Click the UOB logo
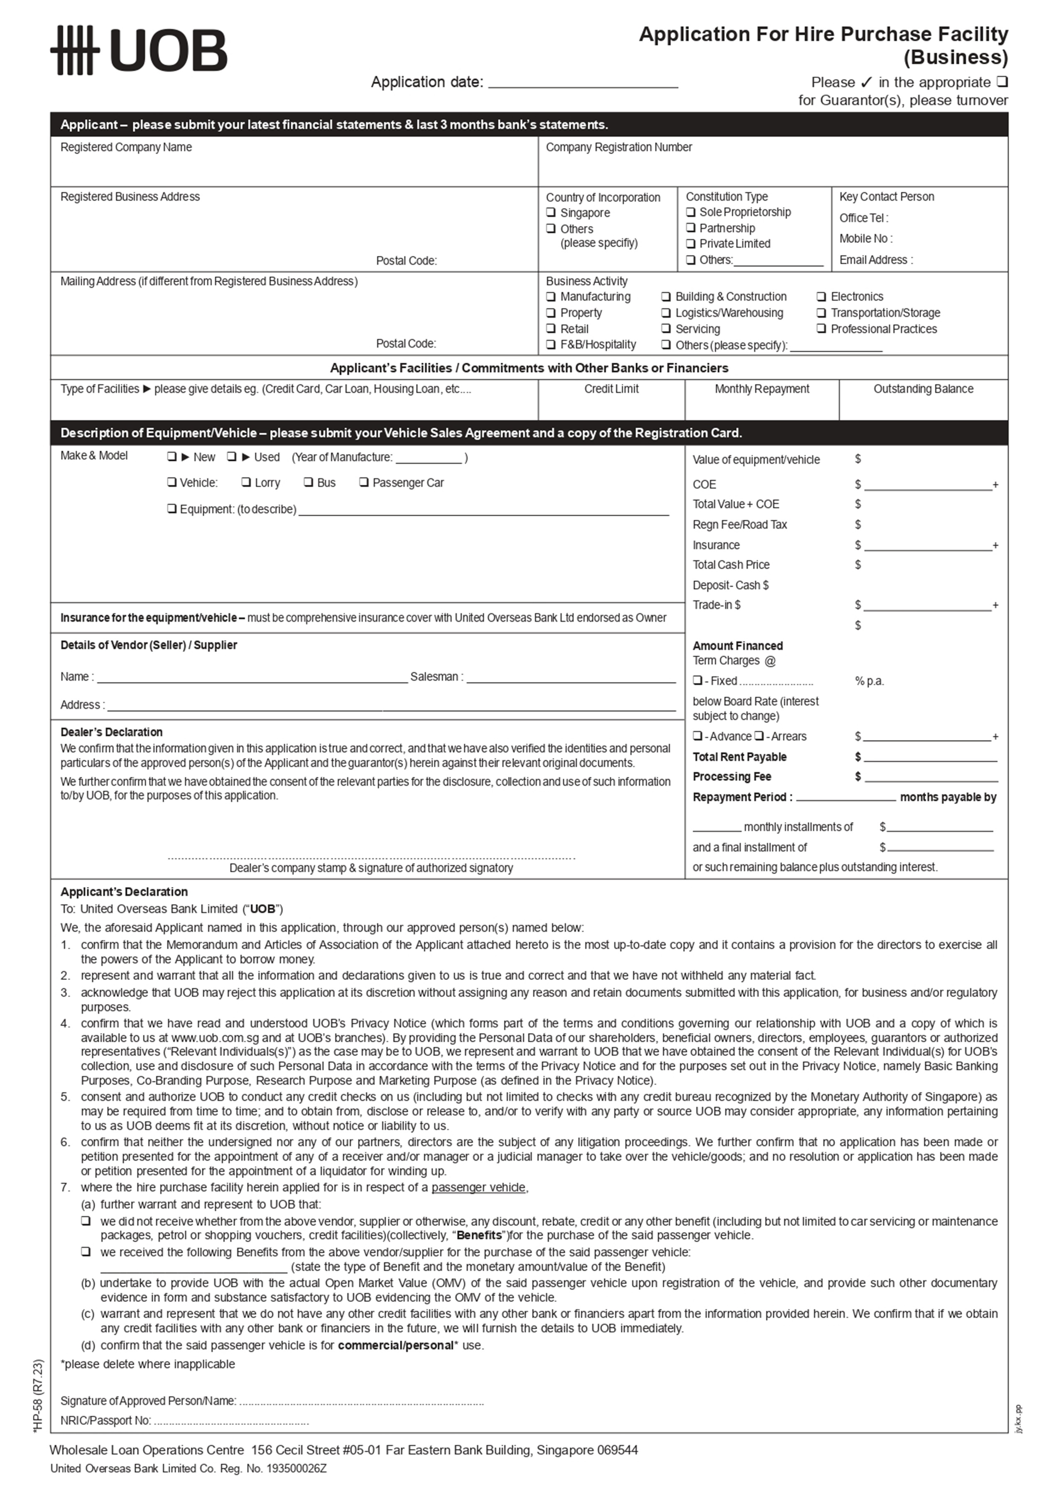tap(138, 50)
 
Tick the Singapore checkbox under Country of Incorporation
tap(551, 213)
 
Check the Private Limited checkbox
tap(691, 243)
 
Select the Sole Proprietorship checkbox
tap(691, 212)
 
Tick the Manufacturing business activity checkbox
tap(551, 297)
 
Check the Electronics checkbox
tap(821, 297)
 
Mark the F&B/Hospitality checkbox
tap(551, 344)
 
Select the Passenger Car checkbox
tap(364, 482)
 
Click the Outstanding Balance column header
tap(923, 389)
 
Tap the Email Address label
tap(875, 260)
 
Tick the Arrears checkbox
tap(759, 736)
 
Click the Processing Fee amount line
tap(931, 778)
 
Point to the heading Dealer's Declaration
tap(112, 732)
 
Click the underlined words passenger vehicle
tap(478, 1187)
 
